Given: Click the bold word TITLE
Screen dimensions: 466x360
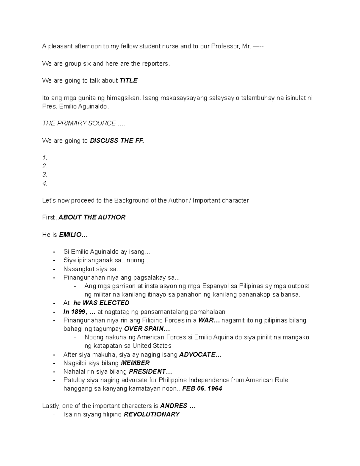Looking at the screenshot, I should click(128, 80).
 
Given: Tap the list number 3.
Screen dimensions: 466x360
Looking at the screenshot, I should click(45, 175).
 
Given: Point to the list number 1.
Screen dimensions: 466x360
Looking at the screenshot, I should click(45, 158).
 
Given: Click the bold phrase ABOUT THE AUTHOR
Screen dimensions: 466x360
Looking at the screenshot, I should click(92, 217).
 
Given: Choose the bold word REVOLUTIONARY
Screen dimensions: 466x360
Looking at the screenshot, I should click(151, 414).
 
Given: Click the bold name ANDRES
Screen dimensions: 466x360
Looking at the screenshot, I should click(174, 406).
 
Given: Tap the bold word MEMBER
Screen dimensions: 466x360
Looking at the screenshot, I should click(135, 363).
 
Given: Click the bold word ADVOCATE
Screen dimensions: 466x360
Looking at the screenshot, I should click(197, 355).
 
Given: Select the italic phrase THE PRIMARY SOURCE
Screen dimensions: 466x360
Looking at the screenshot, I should click(79, 123).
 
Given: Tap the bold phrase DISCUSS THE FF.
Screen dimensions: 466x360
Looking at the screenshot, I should click(117, 140).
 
